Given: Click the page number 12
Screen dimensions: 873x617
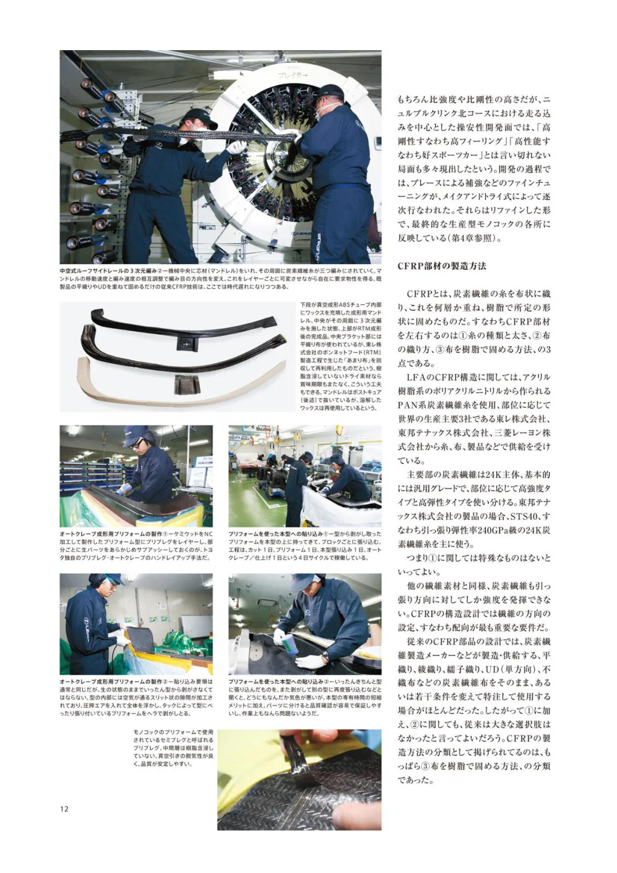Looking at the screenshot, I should click(x=64, y=809).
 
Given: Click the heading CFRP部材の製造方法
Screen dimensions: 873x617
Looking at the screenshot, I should click(x=442, y=266).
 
